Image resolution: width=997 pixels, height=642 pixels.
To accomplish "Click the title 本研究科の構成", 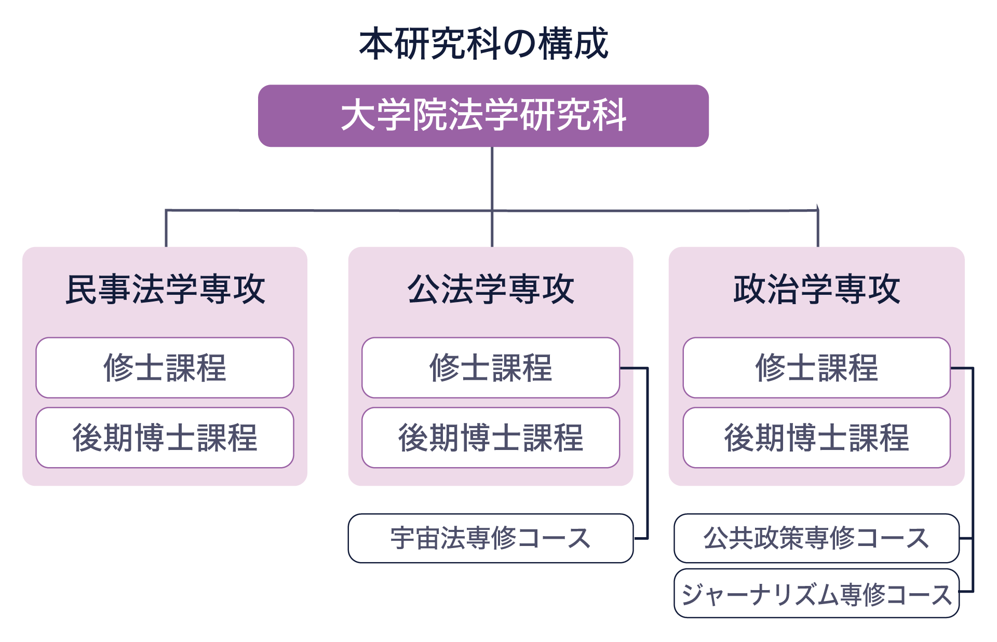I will coord(483,44).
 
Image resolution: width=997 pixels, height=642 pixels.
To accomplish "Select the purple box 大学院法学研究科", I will coord(483,116).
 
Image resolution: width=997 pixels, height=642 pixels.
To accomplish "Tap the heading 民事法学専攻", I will coord(165,289).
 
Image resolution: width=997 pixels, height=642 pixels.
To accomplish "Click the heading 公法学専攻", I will coord(491,289).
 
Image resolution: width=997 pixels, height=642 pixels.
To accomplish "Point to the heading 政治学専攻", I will coord(816,289).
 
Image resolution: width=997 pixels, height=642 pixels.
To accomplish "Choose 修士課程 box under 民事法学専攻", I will coord(165,368).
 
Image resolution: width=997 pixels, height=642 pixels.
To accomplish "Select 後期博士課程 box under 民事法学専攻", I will coord(165,438).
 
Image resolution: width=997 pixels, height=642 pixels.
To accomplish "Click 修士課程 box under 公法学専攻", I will coord(491,368).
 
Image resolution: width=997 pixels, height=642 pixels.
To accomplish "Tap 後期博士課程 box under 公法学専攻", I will coord(491,438).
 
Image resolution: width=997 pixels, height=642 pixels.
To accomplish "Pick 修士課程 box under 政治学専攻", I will coord(816,368).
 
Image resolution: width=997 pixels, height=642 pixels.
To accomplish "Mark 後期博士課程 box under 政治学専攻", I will coord(816,438).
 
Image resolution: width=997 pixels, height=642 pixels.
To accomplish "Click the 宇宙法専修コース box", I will coord(491,538).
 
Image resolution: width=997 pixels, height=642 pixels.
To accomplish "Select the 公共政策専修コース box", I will coord(816,538).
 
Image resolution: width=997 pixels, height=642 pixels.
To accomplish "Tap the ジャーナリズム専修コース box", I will coord(816,594).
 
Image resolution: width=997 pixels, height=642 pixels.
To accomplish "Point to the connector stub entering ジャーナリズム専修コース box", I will coord(966,591).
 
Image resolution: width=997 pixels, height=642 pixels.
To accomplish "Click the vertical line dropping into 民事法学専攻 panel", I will coord(166,228).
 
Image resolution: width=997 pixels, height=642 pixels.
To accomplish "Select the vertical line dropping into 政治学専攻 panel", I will coord(818,228).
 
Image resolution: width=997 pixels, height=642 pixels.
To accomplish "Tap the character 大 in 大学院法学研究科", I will coord(358,115).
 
